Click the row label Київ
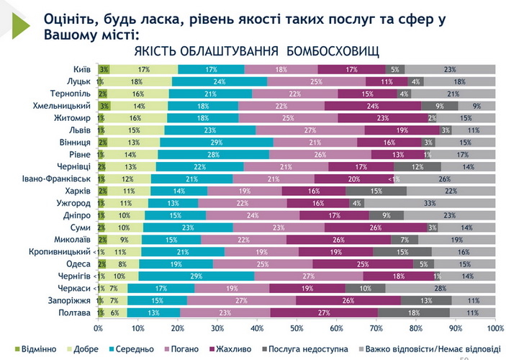pyautogui.click(x=81, y=69)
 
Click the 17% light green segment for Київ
pyautogui.click(x=144, y=69)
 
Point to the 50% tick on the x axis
pyautogui.click(x=297, y=328)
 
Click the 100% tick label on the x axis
pyautogui.click(x=494, y=328)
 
